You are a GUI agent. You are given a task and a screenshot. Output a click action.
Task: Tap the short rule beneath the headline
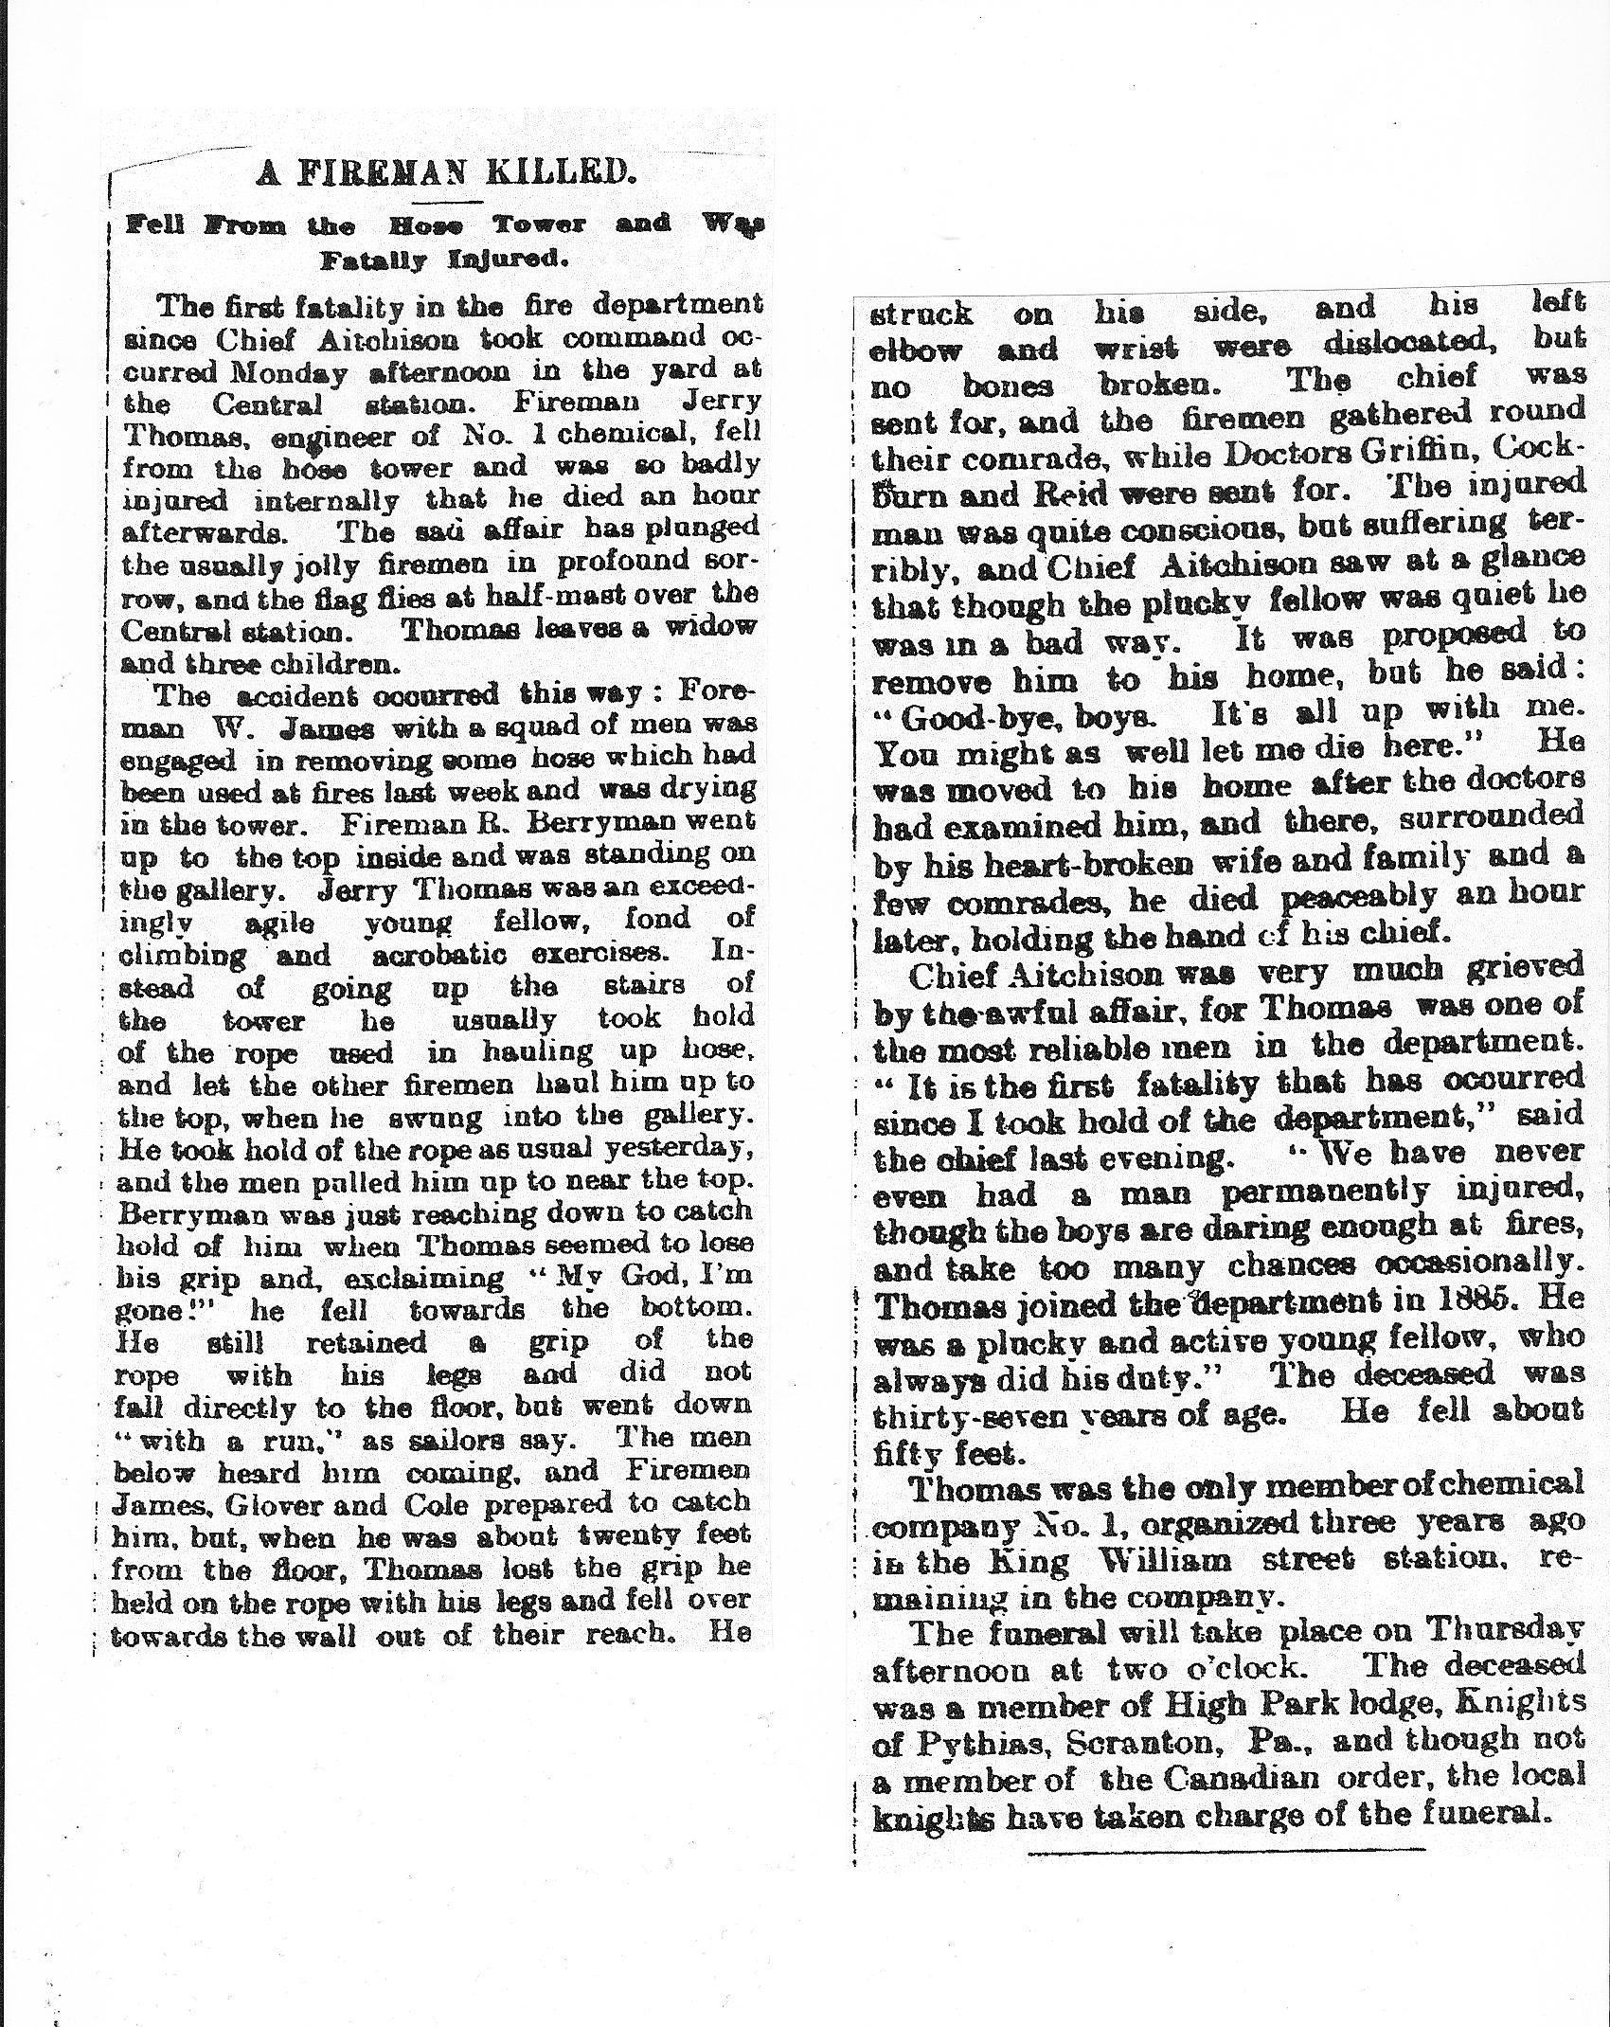(454, 201)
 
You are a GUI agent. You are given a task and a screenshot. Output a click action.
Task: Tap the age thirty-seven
(995, 1414)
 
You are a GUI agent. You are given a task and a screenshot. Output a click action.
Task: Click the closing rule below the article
(1225, 1848)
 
